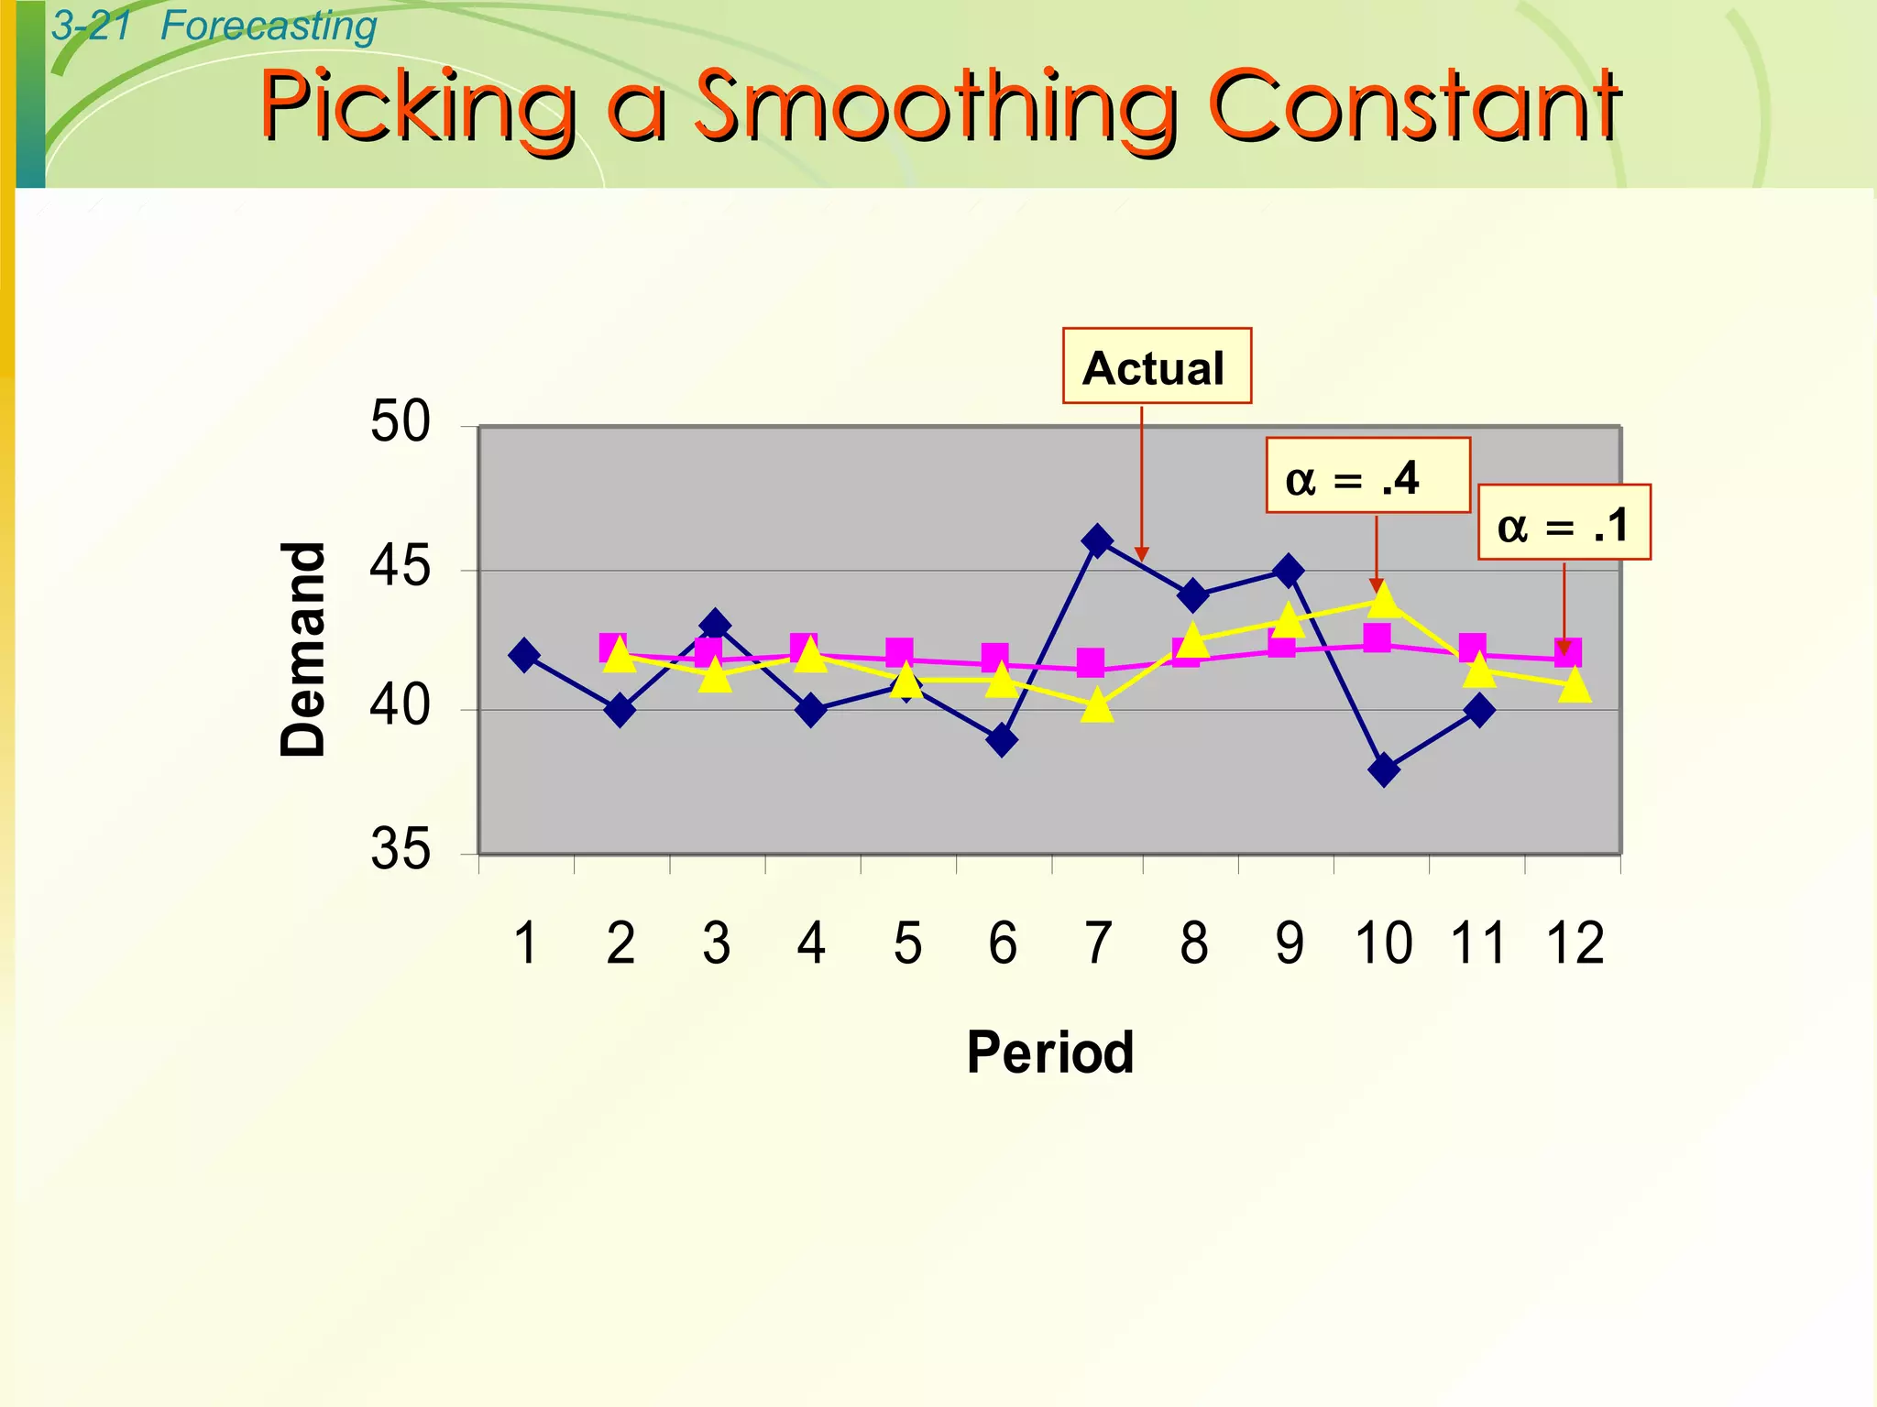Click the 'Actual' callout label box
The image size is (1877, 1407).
pos(1157,366)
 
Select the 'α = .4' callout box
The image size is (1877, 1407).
pos(1367,476)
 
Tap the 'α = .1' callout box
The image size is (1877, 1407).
pos(1564,523)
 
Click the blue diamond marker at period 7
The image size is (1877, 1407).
pos(1097,541)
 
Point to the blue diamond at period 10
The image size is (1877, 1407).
pos(1384,769)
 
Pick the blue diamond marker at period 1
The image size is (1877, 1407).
pos(524,655)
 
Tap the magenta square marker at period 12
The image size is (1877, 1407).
pos(1567,653)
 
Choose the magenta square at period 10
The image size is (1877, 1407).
pos(1377,638)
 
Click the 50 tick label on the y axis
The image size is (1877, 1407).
pos(400,423)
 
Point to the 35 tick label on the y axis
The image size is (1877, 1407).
pos(400,849)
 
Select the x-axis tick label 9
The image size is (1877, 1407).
pos(1289,943)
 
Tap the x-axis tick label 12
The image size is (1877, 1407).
pos(1575,943)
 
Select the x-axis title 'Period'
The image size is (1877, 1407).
pos(1050,1052)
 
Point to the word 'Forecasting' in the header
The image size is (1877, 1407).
pos(269,26)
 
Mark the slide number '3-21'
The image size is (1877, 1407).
pos(92,26)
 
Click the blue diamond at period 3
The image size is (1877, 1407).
pos(715,626)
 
